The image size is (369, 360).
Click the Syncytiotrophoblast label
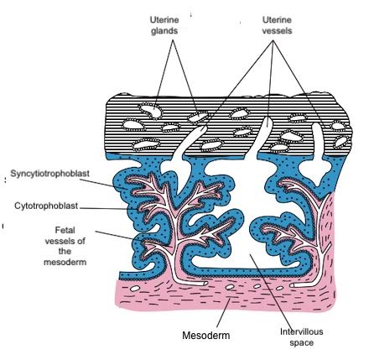[x=49, y=174]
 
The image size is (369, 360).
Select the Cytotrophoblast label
[x=46, y=206]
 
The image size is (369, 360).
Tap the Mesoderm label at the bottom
[x=206, y=335]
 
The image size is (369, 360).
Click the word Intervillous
[x=301, y=331]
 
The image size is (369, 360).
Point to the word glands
[x=164, y=31]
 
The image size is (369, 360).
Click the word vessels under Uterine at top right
[x=277, y=30]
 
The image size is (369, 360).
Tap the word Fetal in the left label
[x=65, y=230]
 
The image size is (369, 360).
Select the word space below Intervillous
[x=301, y=343]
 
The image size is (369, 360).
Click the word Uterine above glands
[x=164, y=20]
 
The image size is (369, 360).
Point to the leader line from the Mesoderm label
[x=223, y=313]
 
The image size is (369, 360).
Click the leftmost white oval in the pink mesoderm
[x=135, y=289]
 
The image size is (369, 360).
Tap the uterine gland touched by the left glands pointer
[x=151, y=110]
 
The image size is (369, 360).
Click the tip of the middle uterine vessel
[x=268, y=117]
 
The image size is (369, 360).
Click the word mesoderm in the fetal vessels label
[x=65, y=262]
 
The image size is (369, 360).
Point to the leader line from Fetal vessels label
[x=133, y=238]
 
